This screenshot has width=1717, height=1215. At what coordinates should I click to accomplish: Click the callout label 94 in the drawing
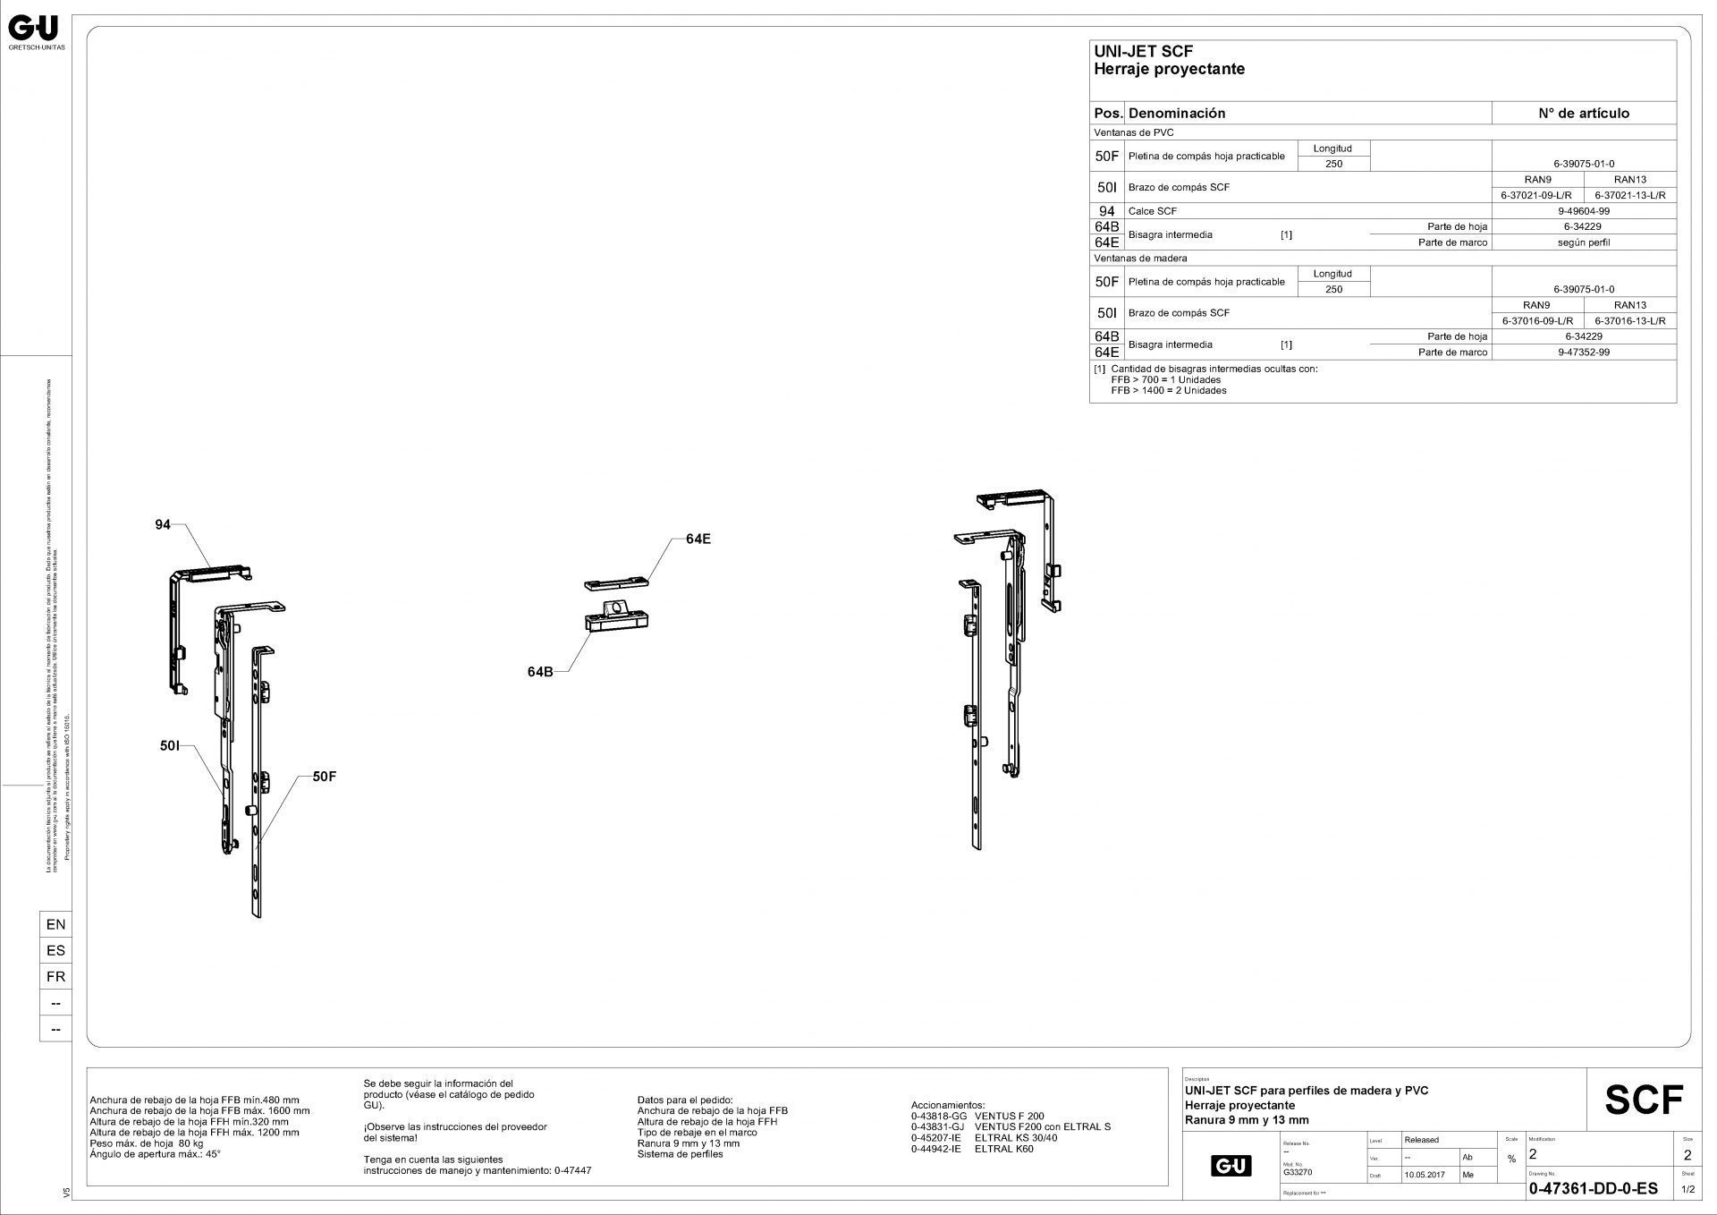[162, 525]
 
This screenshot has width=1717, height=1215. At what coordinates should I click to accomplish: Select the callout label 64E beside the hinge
[698, 539]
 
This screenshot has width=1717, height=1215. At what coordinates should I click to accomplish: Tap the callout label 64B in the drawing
[540, 671]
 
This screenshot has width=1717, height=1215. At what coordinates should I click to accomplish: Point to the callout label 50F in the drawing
[325, 777]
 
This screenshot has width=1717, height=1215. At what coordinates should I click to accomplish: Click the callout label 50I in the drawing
[171, 744]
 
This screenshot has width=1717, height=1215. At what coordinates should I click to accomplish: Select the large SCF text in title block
[1644, 1100]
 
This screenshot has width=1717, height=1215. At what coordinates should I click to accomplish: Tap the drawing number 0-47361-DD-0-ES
[1593, 1189]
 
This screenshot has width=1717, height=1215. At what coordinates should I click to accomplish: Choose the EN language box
[55, 924]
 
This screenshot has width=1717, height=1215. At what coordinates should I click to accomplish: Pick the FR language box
[55, 976]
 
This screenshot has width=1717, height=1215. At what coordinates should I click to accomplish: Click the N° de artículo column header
[1583, 114]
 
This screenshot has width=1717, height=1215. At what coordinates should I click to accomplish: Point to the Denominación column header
[1176, 114]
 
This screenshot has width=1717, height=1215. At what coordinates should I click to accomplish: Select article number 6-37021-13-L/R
[1629, 195]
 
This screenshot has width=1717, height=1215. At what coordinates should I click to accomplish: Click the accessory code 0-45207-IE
[935, 1138]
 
